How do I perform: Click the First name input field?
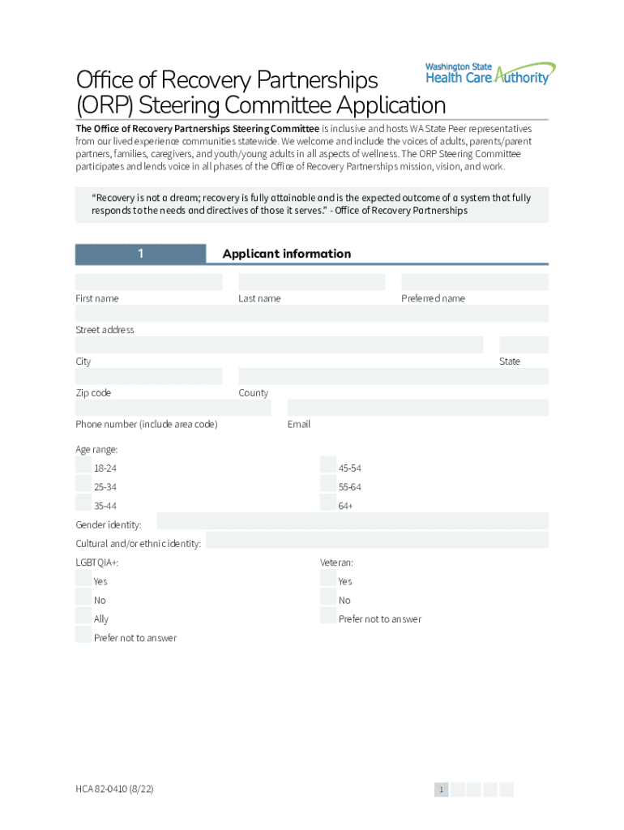point(148,282)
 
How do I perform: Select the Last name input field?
point(311,282)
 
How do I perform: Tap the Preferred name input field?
point(474,282)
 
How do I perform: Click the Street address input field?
point(311,314)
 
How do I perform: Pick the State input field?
point(524,345)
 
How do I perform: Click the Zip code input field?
point(148,376)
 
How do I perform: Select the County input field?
point(393,376)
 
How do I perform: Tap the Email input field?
point(417,408)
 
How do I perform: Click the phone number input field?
point(173,408)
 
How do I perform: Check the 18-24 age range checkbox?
point(83,465)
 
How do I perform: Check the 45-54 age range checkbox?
point(328,465)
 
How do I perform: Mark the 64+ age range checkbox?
point(328,503)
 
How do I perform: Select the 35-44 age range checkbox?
point(83,503)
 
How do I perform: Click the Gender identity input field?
point(352,521)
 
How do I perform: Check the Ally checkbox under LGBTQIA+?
point(83,616)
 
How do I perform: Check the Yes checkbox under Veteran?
point(328,578)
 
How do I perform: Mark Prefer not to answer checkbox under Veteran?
point(328,616)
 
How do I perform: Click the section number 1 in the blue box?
point(140,254)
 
